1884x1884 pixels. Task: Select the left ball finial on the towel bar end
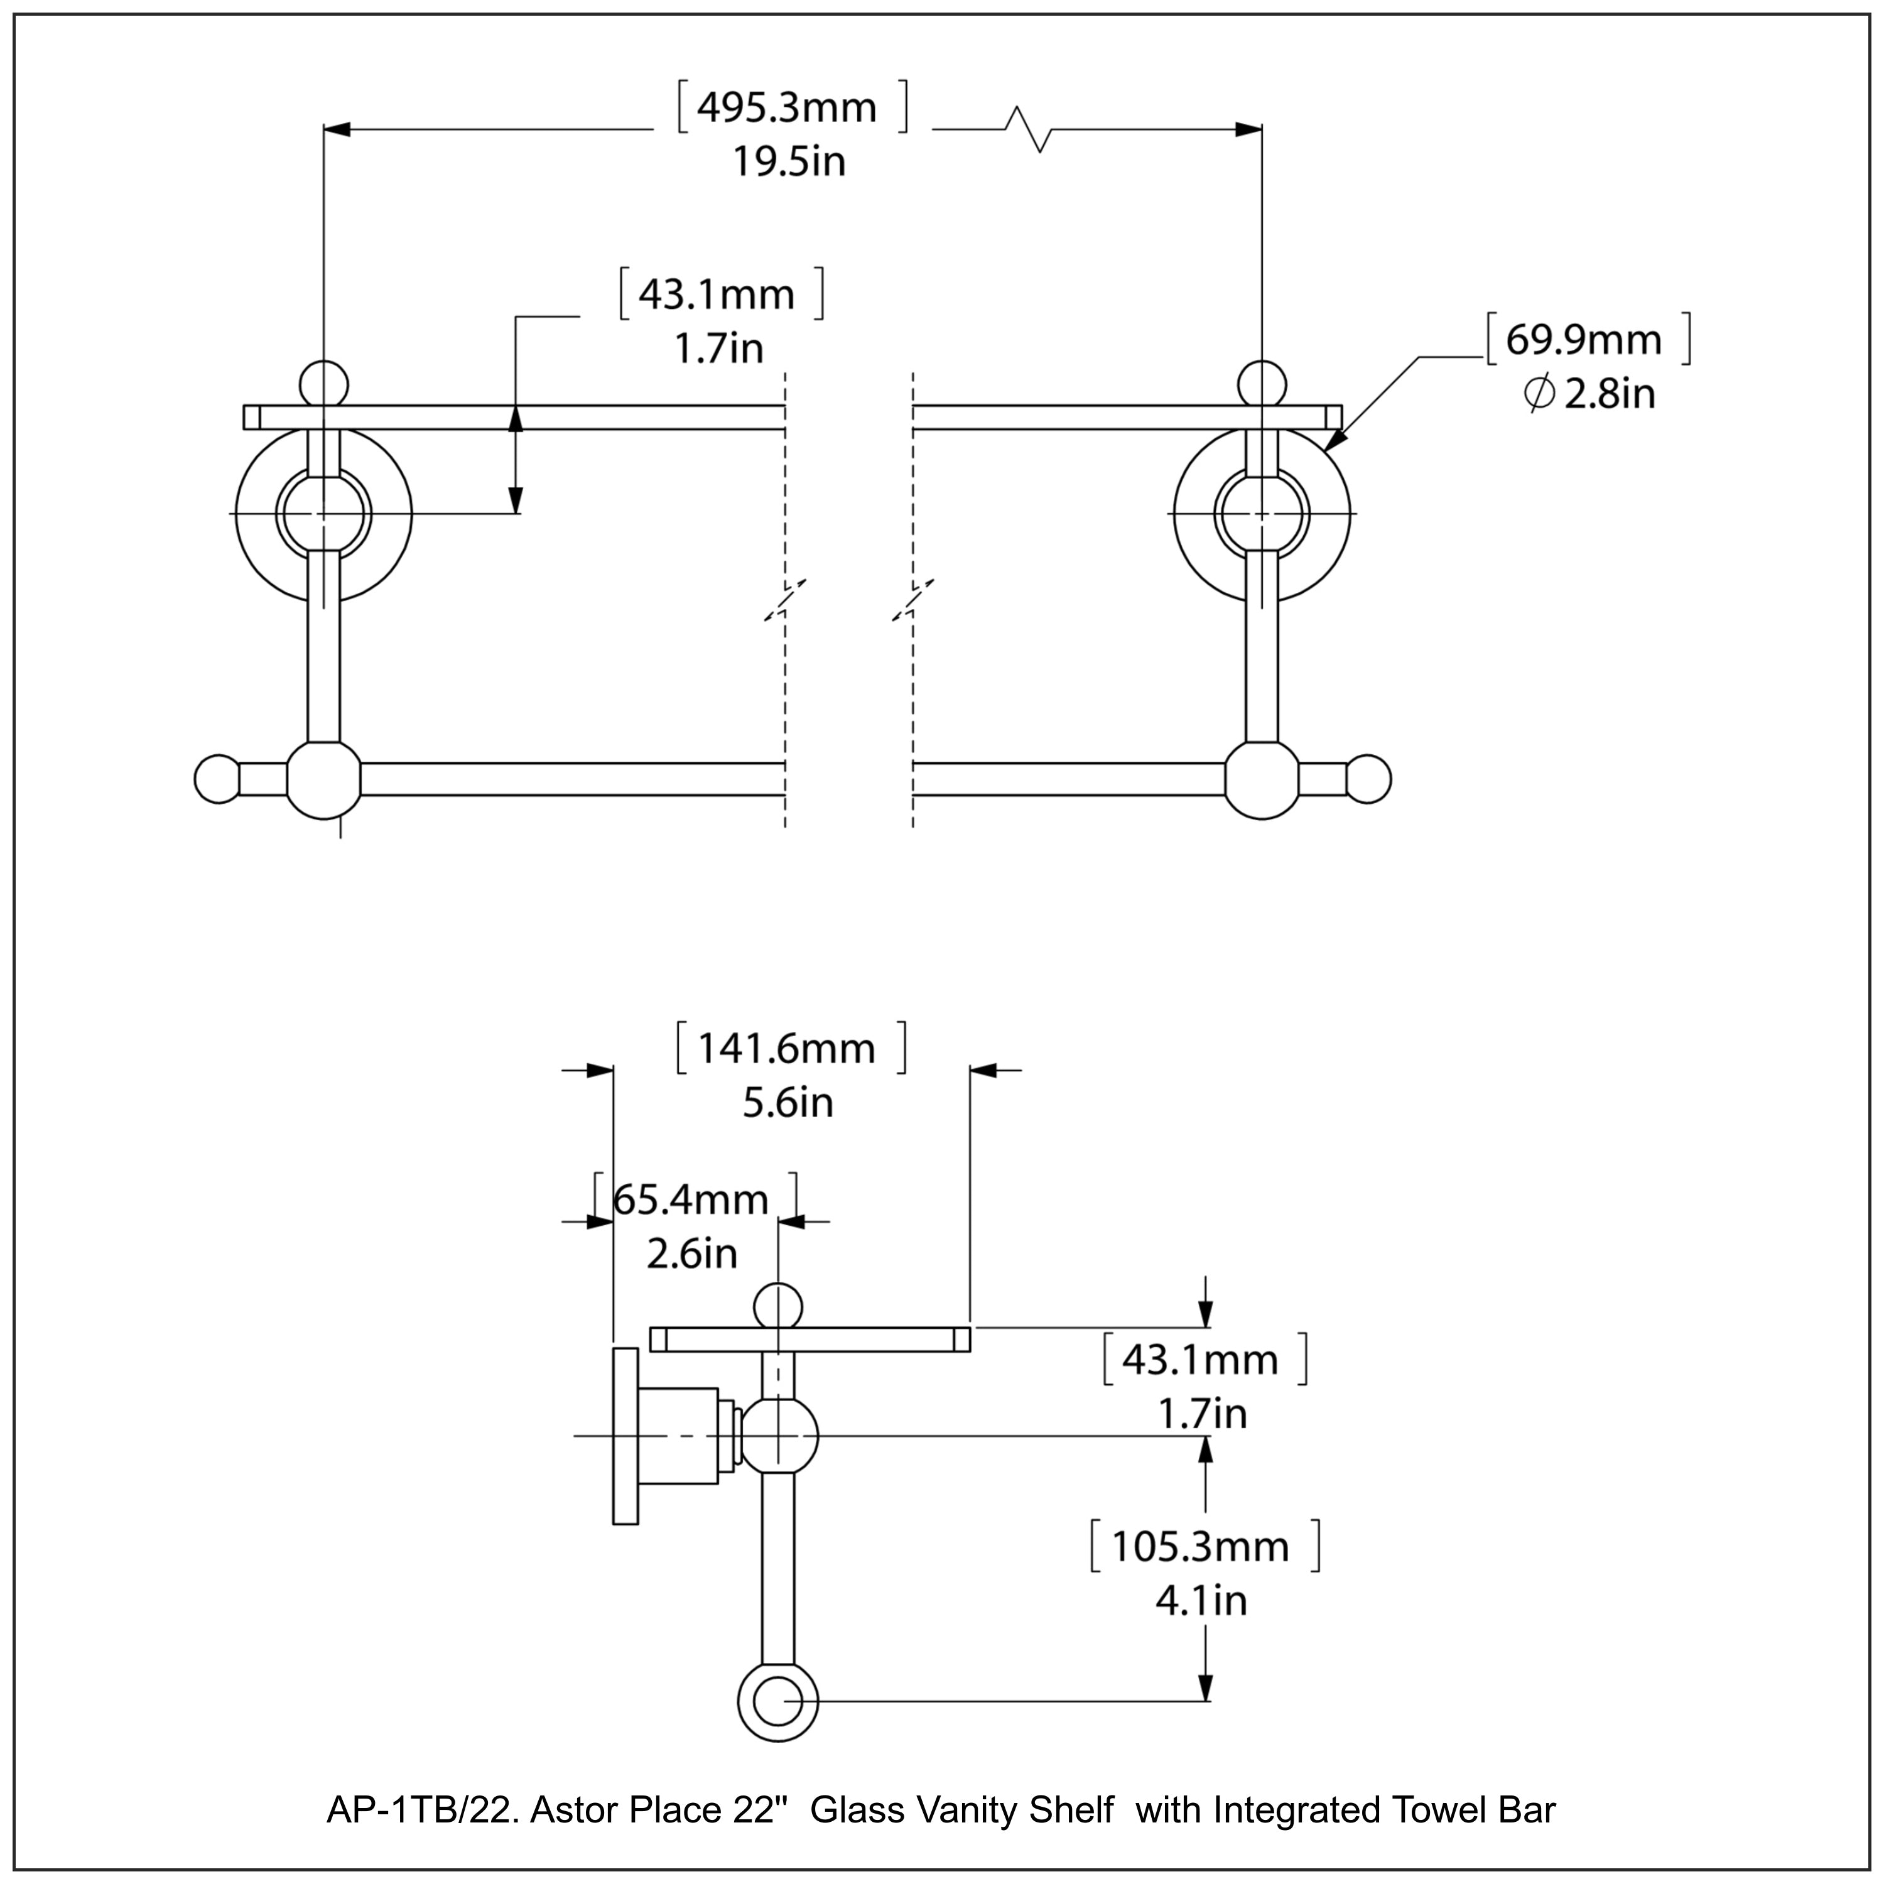217,779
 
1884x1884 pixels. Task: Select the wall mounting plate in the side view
625,1436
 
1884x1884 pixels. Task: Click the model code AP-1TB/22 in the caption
427,1811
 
